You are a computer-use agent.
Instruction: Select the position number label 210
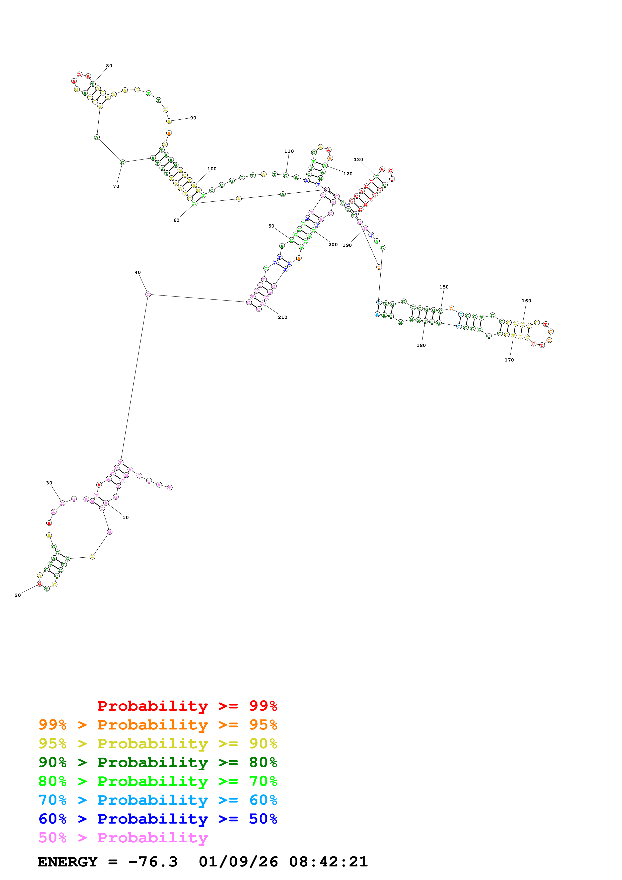click(283, 317)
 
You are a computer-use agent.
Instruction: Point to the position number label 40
click(137, 272)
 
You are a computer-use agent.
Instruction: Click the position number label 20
click(18, 595)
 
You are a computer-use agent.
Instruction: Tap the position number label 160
click(526, 301)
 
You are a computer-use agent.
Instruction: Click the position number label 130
click(358, 160)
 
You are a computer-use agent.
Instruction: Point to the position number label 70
click(116, 187)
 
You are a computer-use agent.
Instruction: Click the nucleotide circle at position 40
click(148, 294)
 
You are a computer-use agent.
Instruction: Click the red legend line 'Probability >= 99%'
click(187, 706)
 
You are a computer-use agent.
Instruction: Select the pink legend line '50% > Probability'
click(123, 837)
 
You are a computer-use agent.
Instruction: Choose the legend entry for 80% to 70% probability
click(158, 781)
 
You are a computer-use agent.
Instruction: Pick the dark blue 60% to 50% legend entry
click(158, 819)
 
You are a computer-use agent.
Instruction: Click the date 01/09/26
click(238, 862)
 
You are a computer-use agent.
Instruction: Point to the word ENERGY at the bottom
click(67, 862)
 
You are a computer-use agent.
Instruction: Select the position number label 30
click(49, 483)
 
